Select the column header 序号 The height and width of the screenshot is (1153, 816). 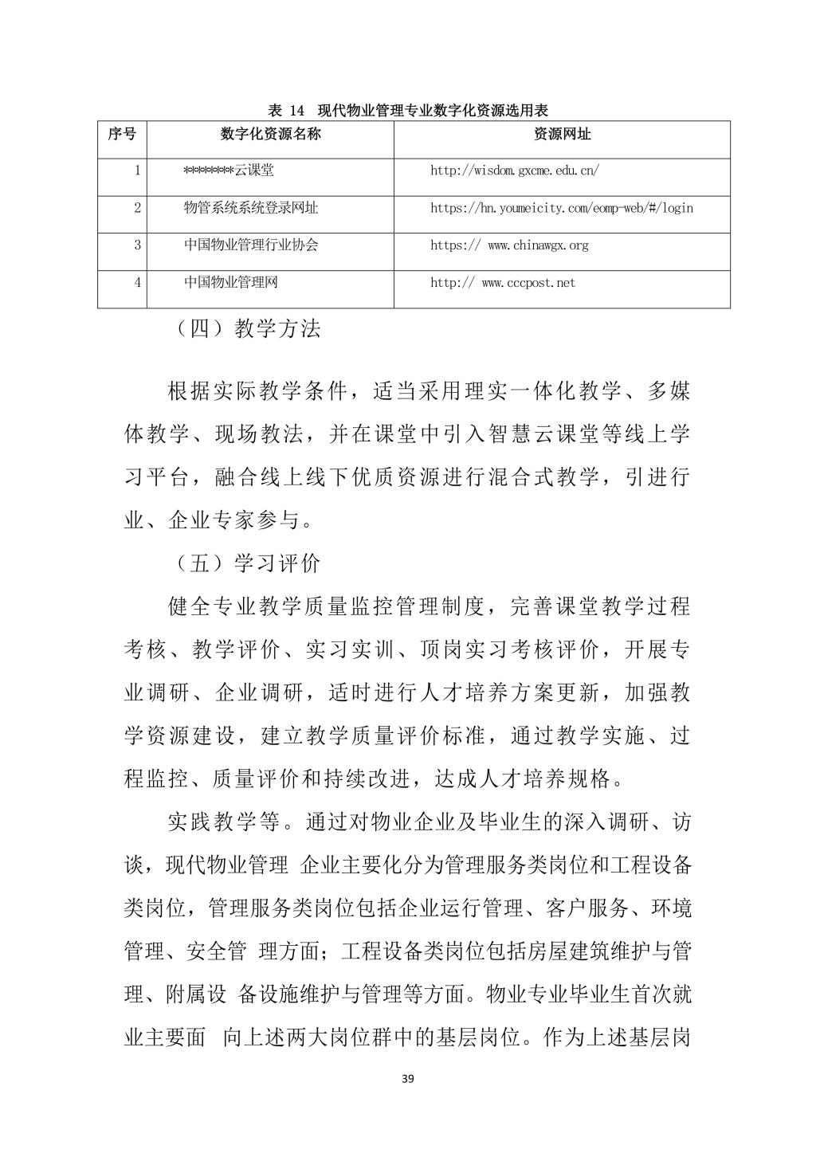click(122, 134)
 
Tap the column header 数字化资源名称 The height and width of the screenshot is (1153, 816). click(270, 134)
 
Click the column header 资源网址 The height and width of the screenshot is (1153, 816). click(562, 134)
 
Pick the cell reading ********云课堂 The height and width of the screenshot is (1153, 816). click(228, 171)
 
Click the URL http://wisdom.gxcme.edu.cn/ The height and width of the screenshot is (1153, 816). click(515, 171)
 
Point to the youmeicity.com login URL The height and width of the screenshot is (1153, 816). click(562, 208)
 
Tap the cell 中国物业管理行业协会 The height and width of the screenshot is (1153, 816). click(251, 245)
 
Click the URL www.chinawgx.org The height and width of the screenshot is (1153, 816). click(509, 245)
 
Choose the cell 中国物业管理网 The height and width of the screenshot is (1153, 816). click(231, 283)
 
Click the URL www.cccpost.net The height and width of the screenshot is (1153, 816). click(503, 283)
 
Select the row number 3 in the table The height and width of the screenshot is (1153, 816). click(137, 245)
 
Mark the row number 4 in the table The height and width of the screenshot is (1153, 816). click(137, 283)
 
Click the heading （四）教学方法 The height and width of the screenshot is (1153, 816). click(247, 328)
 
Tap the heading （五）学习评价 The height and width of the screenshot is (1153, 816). click(247, 563)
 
